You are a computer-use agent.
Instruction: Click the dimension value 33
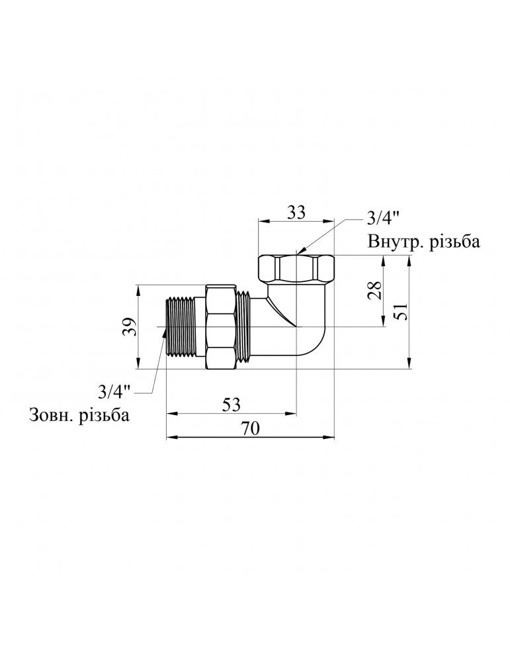click(296, 213)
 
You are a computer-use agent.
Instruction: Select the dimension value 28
click(374, 291)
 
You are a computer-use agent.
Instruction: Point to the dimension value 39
click(130, 326)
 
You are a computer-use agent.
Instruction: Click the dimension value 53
click(231, 405)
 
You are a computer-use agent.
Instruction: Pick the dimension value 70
click(250, 428)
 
